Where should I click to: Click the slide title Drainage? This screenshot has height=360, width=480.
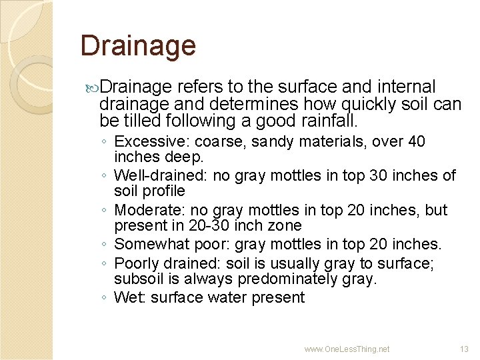[138, 46]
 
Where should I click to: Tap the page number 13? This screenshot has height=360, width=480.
[464, 349]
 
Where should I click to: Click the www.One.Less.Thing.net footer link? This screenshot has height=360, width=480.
[347, 349]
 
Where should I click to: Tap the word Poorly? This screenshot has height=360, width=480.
[137, 263]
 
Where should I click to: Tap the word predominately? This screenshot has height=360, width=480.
[291, 279]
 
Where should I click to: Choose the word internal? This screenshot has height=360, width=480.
[407, 87]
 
